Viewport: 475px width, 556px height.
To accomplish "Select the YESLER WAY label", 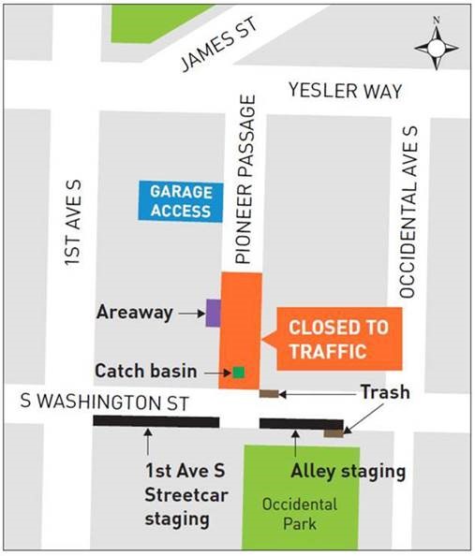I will point(346,91).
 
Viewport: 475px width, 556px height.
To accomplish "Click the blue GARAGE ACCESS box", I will point(180,201).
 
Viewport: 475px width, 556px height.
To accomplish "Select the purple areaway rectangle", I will point(213,313).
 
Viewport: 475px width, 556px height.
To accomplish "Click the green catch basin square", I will point(239,373).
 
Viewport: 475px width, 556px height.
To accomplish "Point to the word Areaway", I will point(135,313).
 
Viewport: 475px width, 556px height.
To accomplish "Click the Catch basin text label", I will point(145,371).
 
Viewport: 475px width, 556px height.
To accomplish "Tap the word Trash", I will point(385,392).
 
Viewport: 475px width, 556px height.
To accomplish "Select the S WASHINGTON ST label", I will point(104,403).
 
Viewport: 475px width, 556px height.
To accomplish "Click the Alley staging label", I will point(348,471).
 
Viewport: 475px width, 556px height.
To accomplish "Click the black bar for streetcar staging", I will point(156,422).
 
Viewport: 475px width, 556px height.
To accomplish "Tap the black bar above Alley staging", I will point(300,423).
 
